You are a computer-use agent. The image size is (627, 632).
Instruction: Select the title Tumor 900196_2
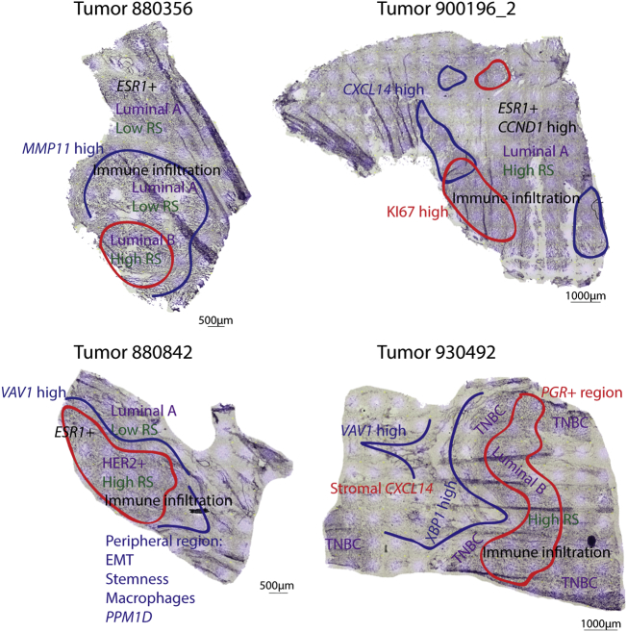449,13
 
